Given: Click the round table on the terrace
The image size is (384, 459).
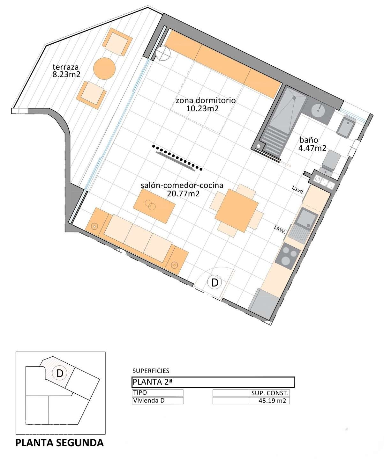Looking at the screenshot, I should coord(104,69).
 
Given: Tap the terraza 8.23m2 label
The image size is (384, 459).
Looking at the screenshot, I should coord(66,71).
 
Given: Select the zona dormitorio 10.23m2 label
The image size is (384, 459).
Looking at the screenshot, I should coord(206,105).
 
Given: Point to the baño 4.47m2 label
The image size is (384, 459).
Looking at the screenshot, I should coord(312,144).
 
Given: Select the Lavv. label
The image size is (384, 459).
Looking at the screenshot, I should coord(280,230).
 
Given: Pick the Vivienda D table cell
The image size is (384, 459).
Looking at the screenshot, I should coord(158,401).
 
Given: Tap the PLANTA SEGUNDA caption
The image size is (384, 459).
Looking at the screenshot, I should coord(60,443).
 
